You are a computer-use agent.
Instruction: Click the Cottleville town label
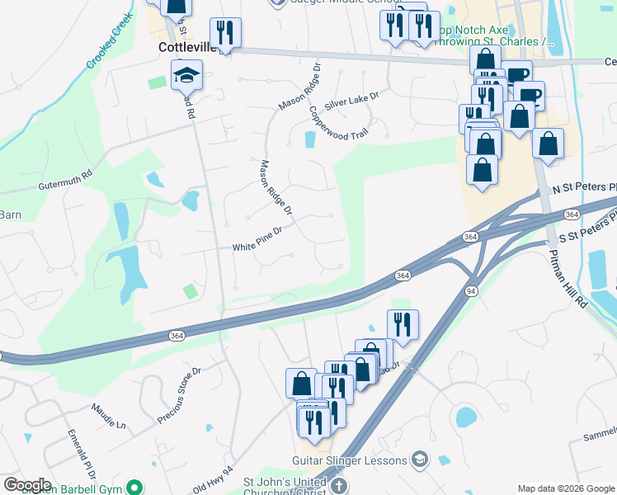[x=186, y=49]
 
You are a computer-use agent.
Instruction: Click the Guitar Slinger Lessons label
[x=350, y=460]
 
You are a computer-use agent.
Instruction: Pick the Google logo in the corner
[x=27, y=485]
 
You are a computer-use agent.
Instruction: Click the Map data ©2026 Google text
[x=566, y=488]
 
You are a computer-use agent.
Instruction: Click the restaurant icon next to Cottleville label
[x=224, y=33]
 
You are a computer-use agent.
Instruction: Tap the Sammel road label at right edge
[x=601, y=435]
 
